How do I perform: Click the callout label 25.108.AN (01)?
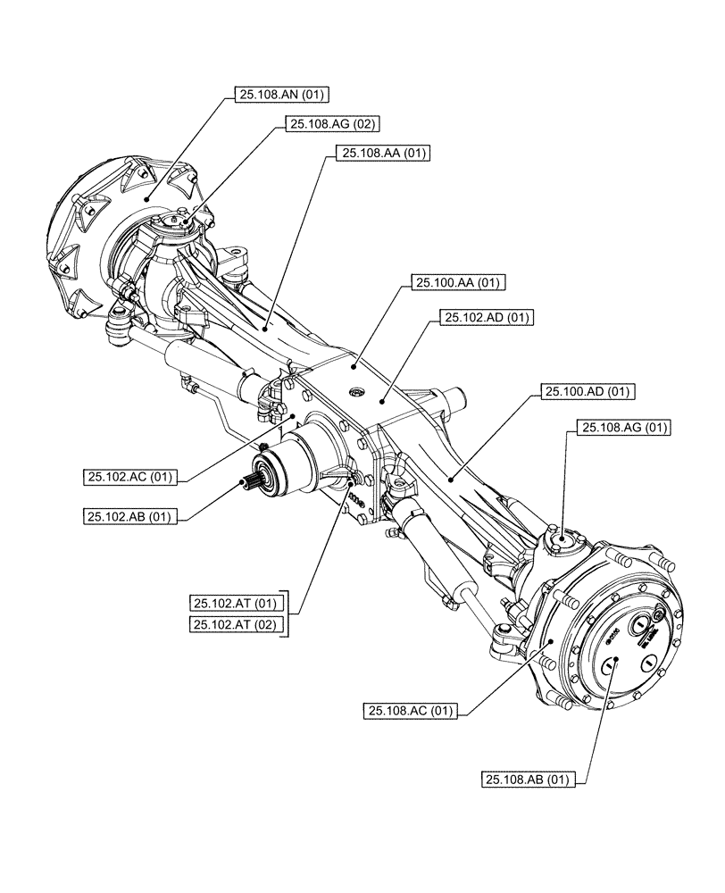click(x=273, y=94)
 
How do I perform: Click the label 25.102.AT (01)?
click(x=236, y=602)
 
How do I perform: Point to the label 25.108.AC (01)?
click(x=410, y=711)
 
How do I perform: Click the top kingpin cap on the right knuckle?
click(x=564, y=539)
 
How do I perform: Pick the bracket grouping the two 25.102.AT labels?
click(x=286, y=613)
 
